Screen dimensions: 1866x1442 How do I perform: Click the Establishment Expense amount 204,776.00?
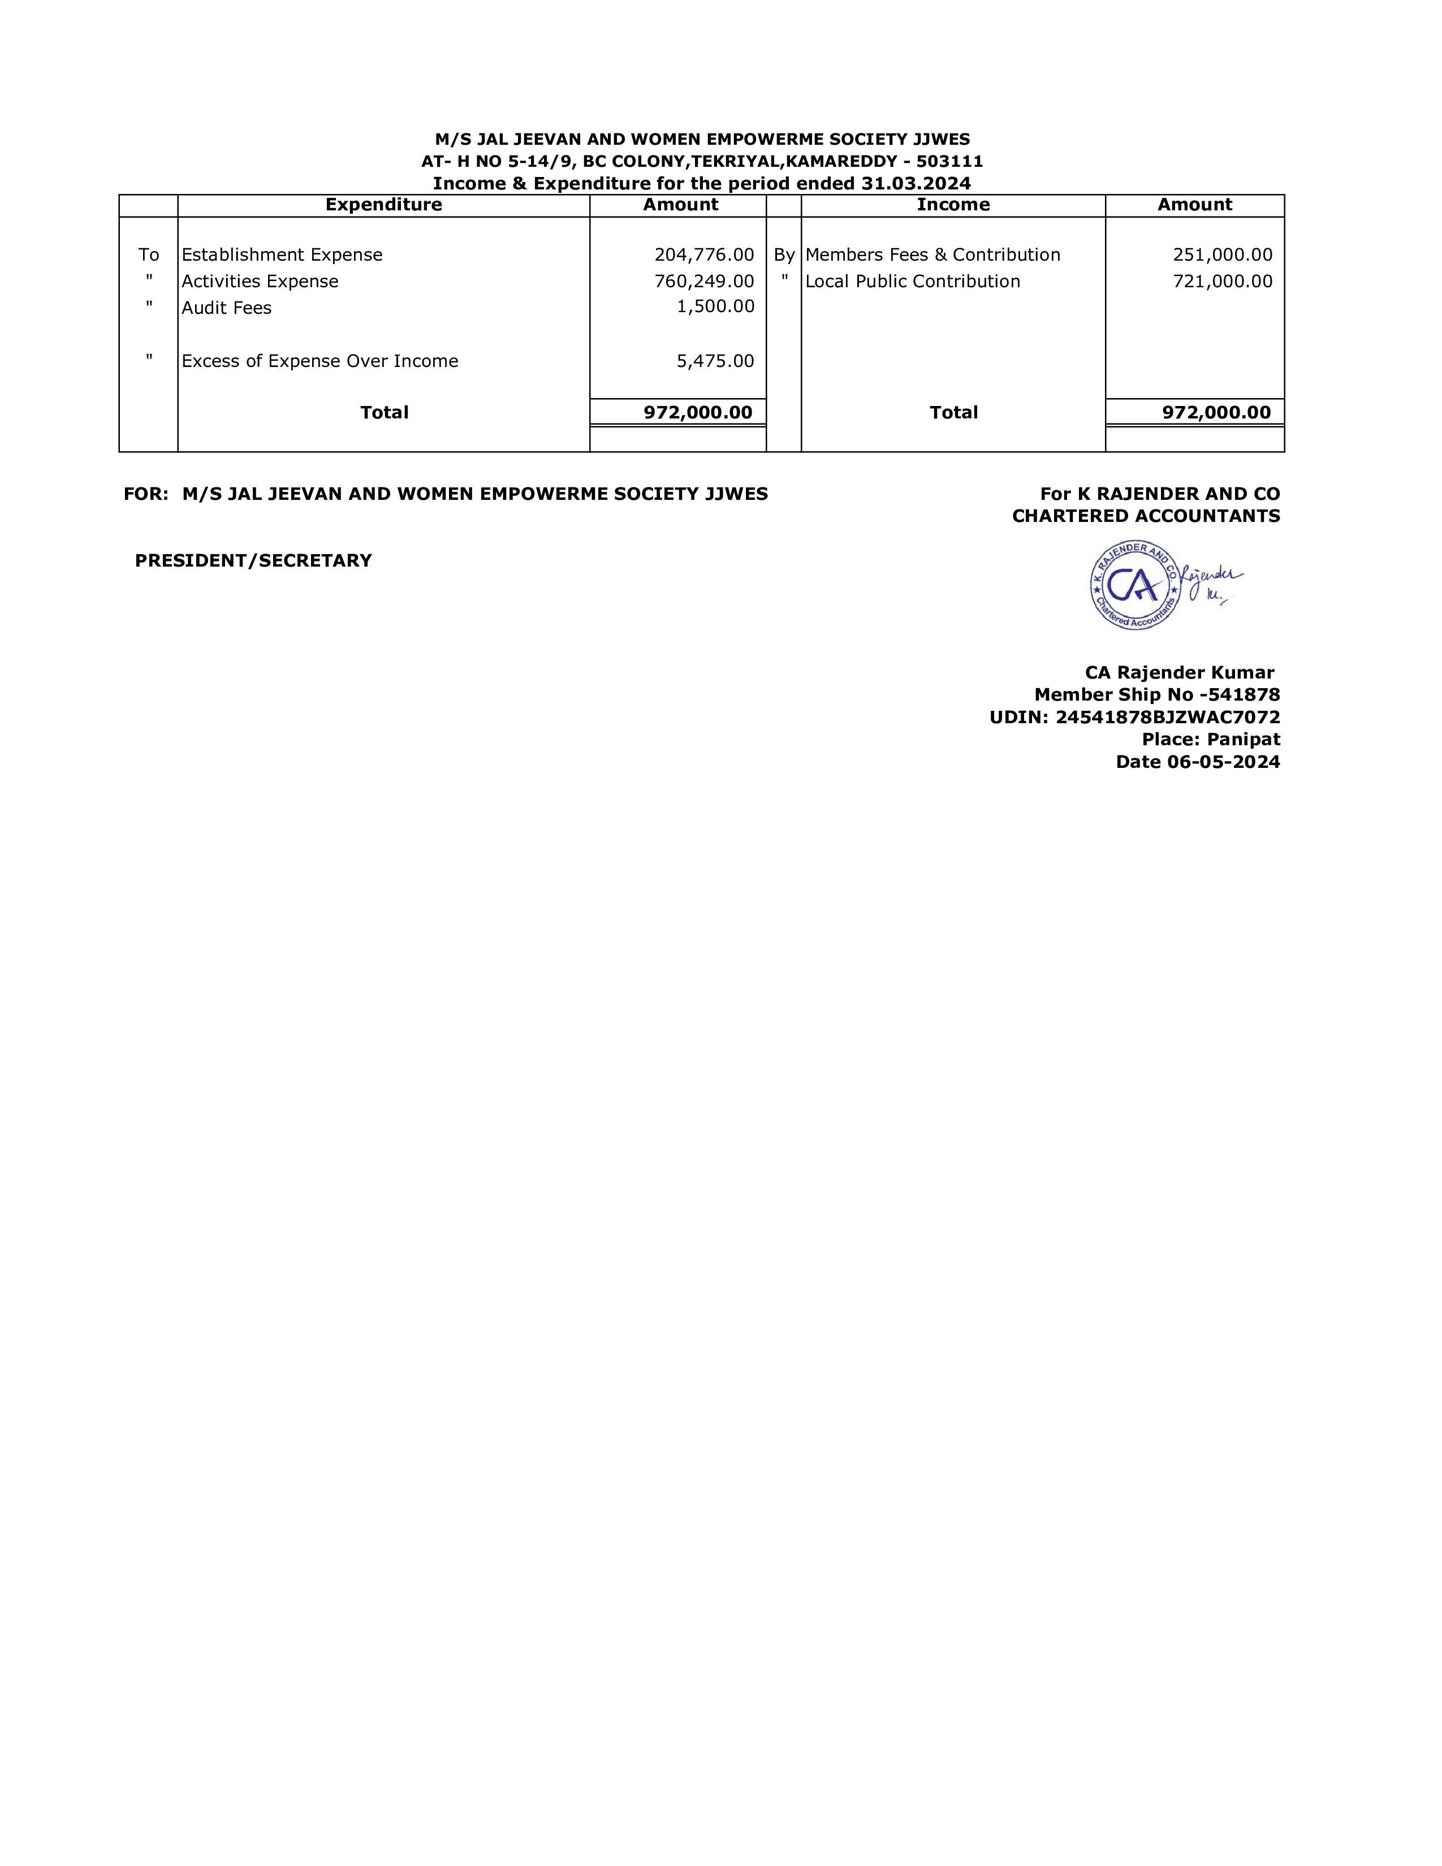[704, 254]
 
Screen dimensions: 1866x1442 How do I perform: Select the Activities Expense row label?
[260, 281]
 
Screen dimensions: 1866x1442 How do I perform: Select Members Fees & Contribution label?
[932, 254]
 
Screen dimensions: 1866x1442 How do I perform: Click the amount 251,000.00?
[1223, 254]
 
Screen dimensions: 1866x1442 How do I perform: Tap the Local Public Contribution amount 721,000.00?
[1223, 281]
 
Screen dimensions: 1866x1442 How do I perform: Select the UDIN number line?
[1134, 718]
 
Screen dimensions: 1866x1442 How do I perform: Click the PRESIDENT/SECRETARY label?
[254, 560]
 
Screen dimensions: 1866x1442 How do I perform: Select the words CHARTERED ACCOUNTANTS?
[1146, 516]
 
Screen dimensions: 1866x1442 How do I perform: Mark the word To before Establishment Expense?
[149, 254]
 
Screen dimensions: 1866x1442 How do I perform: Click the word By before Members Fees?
[784, 254]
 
